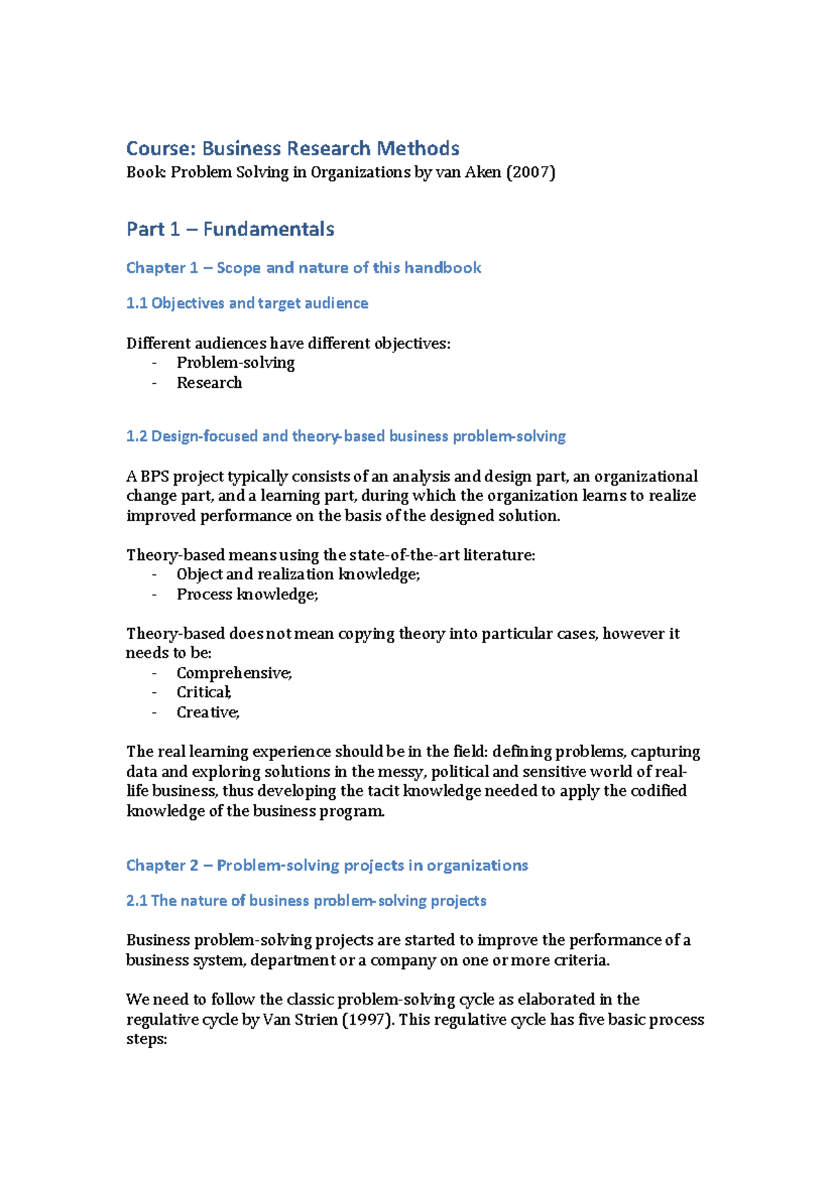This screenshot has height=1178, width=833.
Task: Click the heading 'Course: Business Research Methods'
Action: click(x=292, y=148)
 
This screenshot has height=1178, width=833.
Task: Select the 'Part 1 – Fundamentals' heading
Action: click(x=230, y=229)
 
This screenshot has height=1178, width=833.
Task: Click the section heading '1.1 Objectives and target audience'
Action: click(x=246, y=303)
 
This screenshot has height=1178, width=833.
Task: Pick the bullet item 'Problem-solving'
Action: click(x=235, y=363)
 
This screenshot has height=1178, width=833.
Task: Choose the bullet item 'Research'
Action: click(x=209, y=383)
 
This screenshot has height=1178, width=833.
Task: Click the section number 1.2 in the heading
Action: click(x=137, y=436)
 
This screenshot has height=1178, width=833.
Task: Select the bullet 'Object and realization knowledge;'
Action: click(x=298, y=574)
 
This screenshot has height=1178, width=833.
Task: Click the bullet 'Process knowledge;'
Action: click(x=247, y=595)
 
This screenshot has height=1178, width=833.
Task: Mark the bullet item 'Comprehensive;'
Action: click(x=234, y=673)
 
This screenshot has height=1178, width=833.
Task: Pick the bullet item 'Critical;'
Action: click(x=203, y=692)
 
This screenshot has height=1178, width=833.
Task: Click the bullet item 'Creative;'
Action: click(x=208, y=712)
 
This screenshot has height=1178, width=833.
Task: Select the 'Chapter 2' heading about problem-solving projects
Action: click(x=326, y=866)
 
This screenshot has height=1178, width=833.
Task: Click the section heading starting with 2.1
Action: click(x=305, y=900)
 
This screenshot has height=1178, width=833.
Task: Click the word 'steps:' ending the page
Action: click(x=146, y=1039)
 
